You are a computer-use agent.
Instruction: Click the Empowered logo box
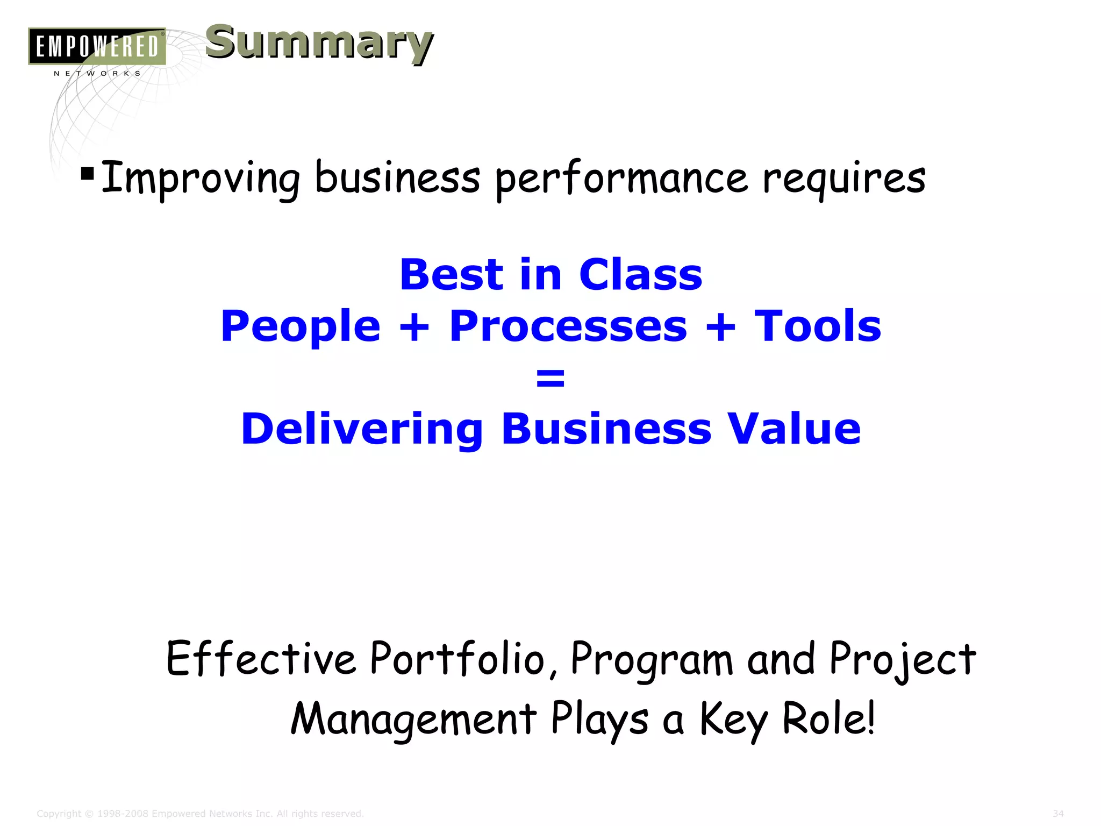point(97,46)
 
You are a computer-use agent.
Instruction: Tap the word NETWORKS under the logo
point(97,74)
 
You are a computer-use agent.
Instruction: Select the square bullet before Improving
point(87,174)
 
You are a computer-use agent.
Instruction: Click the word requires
point(844,179)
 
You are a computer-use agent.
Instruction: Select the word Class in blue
point(640,275)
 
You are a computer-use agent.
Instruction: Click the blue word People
point(301,327)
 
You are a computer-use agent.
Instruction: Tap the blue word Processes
point(568,327)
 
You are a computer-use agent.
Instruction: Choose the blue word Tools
point(818,326)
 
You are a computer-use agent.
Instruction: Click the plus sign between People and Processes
point(414,327)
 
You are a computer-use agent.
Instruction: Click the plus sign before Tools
point(720,327)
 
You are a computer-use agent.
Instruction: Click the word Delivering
point(362,430)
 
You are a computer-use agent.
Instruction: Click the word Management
point(413,720)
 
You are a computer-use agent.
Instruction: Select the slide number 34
point(1058,814)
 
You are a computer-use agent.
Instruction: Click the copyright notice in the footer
point(200,814)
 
